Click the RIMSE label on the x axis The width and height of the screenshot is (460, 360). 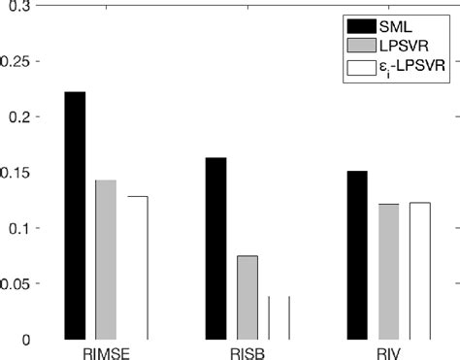106,350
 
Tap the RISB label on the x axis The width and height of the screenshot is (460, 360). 246,350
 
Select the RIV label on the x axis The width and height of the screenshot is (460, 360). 388,350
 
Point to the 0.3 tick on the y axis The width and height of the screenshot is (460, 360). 20,7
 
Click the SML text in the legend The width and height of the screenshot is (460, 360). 393,24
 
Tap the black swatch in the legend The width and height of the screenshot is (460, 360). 358,24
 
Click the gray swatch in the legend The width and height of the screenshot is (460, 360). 358,45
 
